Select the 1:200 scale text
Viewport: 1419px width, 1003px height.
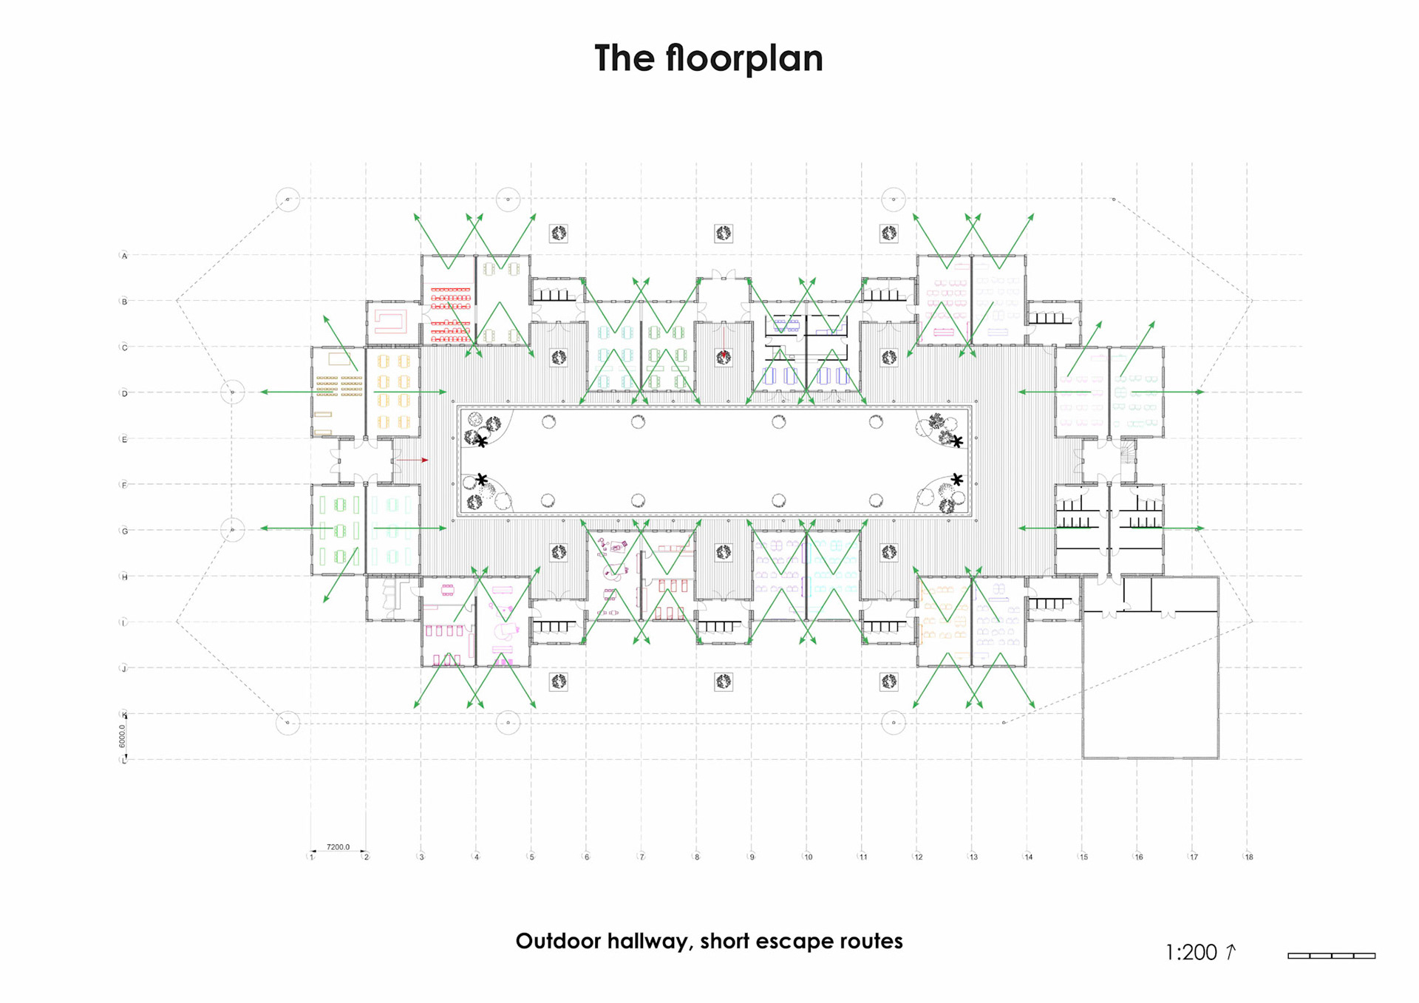coord(1191,953)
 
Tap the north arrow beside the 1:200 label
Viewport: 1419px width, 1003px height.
coord(1231,951)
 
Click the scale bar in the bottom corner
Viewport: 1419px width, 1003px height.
coord(1331,956)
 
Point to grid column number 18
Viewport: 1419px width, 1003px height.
coord(1249,857)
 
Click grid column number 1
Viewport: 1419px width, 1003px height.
coord(312,857)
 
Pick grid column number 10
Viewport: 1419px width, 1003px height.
coord(808,857)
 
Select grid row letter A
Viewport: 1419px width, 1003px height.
coord(124,256)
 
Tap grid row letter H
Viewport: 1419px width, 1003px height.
coord(124,577)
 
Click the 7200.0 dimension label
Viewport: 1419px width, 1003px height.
coord(338,847)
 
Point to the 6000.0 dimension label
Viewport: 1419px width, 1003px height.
coord(123,735)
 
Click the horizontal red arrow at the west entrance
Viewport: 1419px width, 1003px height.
coord(412,460)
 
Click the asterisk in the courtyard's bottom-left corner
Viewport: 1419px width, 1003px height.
coord(482,480)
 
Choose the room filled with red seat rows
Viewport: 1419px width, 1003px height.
coord(450,310)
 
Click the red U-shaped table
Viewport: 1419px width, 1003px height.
coord(391,322)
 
